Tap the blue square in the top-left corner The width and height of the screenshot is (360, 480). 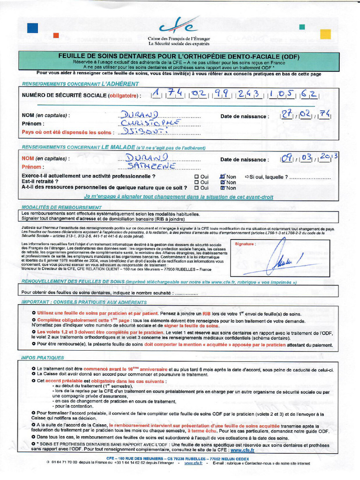click(x=32, y=28)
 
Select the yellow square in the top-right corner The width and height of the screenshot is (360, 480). click(x=325, y=34)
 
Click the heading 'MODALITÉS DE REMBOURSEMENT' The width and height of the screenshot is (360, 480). click(x=61, y=207)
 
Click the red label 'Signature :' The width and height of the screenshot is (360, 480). click(x=245, y=244)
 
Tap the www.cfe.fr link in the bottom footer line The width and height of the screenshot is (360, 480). click(x=193, y=463)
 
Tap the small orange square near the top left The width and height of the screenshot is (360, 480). click(x=56, y=35)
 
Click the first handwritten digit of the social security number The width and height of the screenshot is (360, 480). click(x=156, y=95)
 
